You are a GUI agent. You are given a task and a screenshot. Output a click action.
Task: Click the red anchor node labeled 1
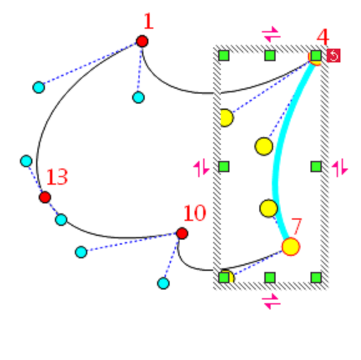click(142, 41)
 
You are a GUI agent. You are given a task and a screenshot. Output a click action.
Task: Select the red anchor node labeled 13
click(45, 197)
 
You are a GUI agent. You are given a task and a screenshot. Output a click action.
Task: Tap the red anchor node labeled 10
click(182, 233)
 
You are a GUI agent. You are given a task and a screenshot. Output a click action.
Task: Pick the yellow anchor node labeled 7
click(291, 246)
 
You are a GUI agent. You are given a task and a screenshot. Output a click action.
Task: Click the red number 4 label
click(323, 37)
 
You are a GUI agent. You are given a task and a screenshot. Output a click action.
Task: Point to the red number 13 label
click(57, 177)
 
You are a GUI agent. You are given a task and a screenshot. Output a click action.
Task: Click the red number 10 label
click(195, 213)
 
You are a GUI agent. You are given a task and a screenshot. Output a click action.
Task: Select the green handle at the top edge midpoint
click(270, 56)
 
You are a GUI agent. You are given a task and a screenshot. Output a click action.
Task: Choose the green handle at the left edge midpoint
click(224, 167)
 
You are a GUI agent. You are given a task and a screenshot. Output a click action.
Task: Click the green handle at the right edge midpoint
click(316, 167)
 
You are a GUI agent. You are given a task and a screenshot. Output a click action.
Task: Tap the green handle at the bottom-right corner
click(316, 278)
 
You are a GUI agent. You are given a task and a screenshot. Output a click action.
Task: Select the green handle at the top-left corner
click(224, 56)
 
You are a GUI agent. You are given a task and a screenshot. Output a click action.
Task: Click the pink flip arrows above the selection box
click(271, 34)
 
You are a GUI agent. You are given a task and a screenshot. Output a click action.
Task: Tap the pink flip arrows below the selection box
click(271, 301)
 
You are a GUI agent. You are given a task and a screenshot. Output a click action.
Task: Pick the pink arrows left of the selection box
click(201, 168)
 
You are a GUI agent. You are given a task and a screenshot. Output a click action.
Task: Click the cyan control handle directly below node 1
click(138, 97)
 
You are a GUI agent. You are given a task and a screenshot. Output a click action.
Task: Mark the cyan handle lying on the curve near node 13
click(61, 219)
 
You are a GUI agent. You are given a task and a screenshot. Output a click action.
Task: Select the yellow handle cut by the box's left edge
click(225, 118)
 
